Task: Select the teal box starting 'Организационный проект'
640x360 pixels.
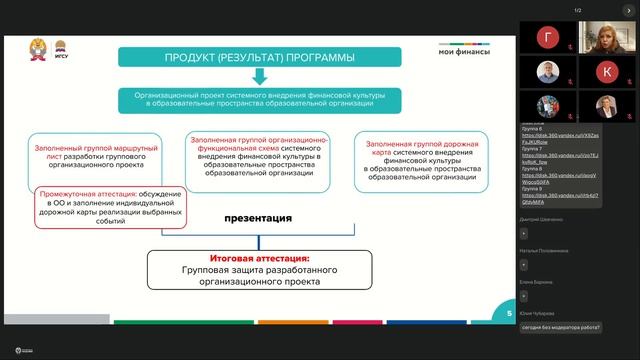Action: [259, 98]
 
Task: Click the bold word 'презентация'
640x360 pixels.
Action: [257, 217]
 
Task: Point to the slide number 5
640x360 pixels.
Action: [508, 313]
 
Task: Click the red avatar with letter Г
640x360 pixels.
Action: [549, 38]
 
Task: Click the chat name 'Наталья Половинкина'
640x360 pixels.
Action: [548, 250]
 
